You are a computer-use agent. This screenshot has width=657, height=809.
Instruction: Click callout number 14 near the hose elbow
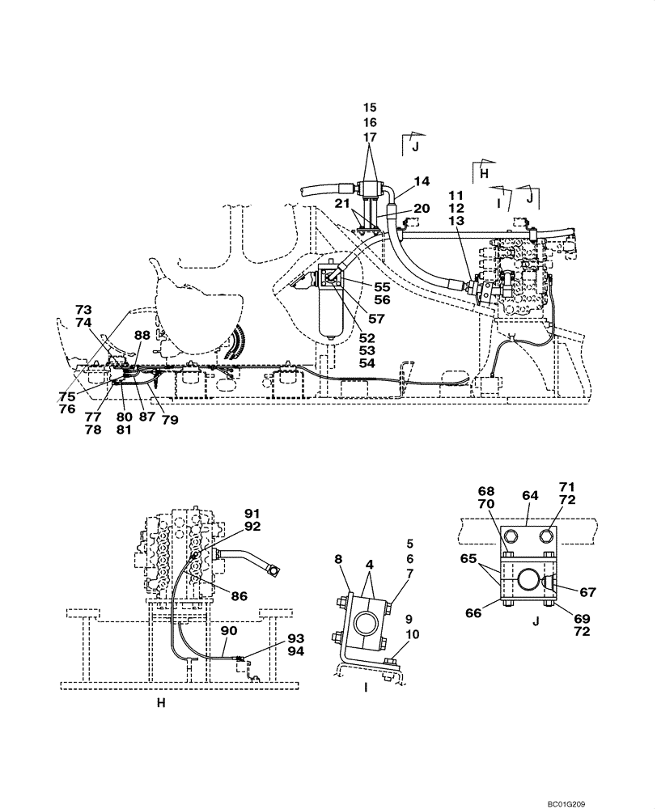(422, 181)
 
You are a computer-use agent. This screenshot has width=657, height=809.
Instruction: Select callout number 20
(422, 208)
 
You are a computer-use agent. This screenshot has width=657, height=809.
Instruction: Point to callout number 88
(142, 335)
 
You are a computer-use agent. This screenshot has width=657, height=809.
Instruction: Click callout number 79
(169, 419)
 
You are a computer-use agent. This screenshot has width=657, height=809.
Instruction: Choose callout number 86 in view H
(238, 595)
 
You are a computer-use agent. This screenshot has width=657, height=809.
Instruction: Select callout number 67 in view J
(587, 592)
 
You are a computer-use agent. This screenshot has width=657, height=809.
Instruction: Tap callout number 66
(495, 613)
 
